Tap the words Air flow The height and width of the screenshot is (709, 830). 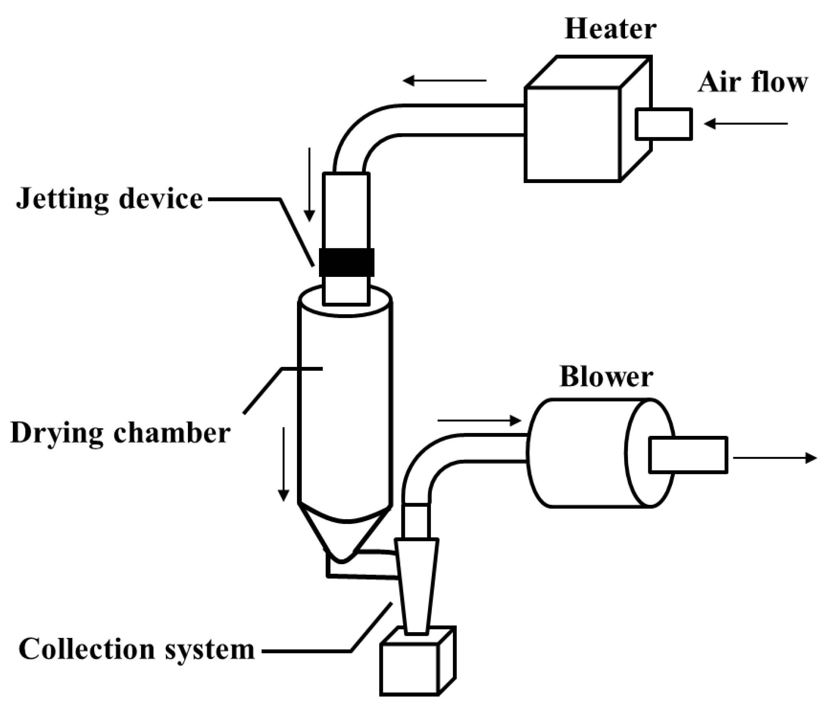pyautogui.click(x=752, y=82)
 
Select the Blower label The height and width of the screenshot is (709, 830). pyautogui.click(x=606, y=377)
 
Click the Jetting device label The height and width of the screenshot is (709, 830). pyautogui.click(x=110, y=199)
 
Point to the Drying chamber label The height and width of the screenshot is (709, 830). pyautogui.click(x=120, y=433)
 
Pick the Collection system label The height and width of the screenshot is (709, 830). pyautogui.click(x=136, y=650)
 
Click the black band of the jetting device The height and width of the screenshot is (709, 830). pyautogui.click(x=346, y=262)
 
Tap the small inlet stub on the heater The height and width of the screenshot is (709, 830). pyautogui.click(x=664, y=124)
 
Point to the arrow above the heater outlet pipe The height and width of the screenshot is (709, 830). pyautogui.click(x=444, y=80)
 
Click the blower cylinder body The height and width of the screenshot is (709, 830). pyautogui.click(x=581, y=452)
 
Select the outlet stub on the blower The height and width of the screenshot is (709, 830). pyautogui.click(x=688, y=455)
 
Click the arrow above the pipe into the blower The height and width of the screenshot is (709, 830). pyautogui.click(x=479, y=421)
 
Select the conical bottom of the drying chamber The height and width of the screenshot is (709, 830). pyautogui.click(x=344, y=535)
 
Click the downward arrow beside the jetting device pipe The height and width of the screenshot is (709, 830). pyautogui.click(x=309, y=185)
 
